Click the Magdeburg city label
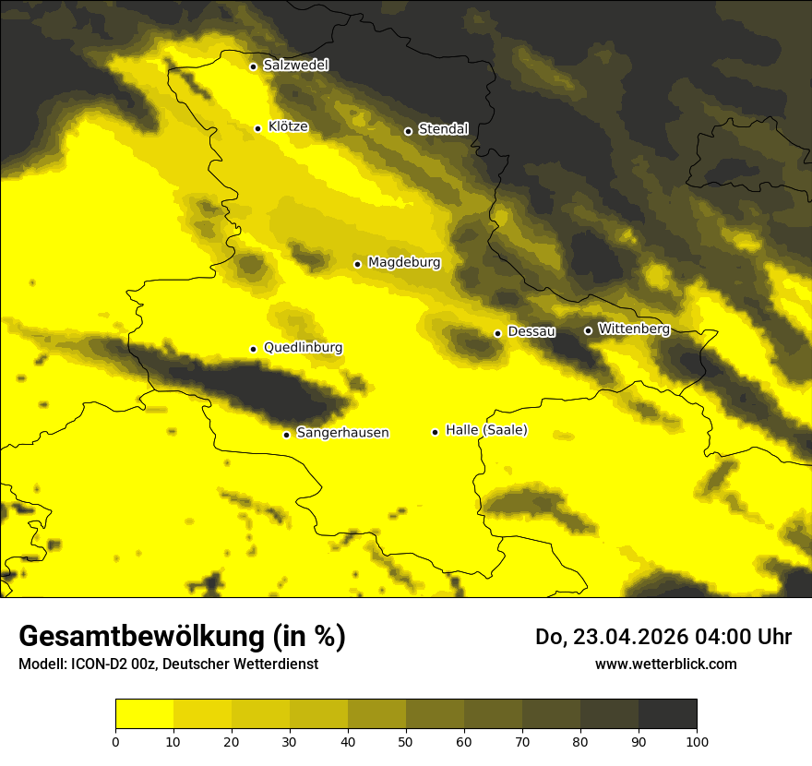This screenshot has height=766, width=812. point(404,263)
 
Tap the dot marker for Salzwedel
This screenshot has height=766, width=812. point(253,66)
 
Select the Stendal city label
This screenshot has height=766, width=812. point(443,129)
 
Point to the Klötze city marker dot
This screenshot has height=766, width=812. point(257,128)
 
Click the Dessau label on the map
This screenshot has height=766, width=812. point(531,331)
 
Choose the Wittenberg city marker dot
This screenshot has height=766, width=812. point(588,330)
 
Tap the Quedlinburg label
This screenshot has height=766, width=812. point(303,348)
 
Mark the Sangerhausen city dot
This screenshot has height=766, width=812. point(286,435)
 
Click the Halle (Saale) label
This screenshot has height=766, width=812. point(486,430)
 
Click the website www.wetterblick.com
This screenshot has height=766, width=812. point(666,664)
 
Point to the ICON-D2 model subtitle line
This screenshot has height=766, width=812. point(168,664)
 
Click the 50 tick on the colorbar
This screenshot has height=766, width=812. point(406,741)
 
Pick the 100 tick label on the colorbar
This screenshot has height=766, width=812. point(697,741)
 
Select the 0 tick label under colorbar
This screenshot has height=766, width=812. point(115,741)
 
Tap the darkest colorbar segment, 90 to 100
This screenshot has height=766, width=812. point(667,713)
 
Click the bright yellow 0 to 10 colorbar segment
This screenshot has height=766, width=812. point(144,713)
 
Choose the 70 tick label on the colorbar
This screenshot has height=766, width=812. point(522,741)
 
